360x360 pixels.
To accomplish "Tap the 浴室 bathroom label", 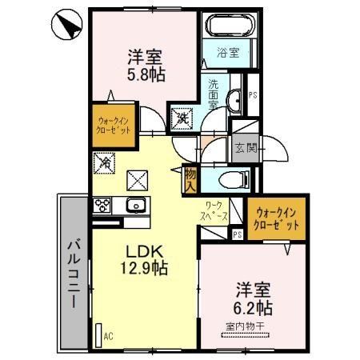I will (x=227, y=53).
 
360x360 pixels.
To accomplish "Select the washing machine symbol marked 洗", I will (x=182, y=119).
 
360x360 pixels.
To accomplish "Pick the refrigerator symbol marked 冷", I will (x=106, y=162).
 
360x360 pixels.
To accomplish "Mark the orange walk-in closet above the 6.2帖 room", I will (x=276, y=219).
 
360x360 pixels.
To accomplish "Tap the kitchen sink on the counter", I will (x=136, y=206).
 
